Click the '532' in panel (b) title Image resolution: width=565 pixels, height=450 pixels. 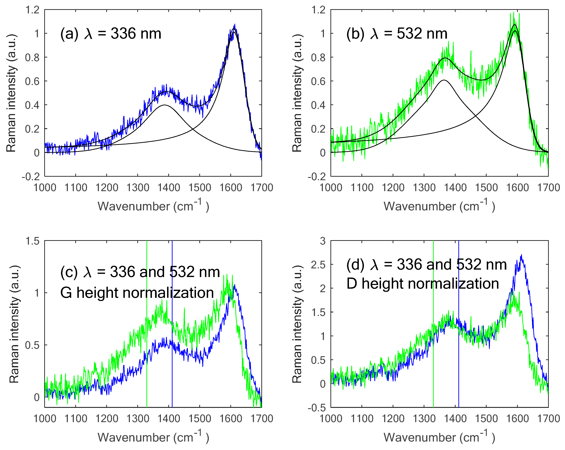click(409, 34)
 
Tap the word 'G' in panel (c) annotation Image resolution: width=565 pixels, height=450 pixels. click(66, 293)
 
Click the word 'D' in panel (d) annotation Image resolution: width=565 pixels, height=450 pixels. click(352, 284)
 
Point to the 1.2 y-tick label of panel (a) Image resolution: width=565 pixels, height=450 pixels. click(32, 10)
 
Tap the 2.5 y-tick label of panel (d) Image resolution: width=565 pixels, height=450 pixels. click(318, 265)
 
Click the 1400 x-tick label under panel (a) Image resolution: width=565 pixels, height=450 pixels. click(168, 188)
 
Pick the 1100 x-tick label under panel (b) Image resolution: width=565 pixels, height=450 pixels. click(362, 188)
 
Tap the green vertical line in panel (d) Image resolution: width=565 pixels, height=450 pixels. click(433, 367)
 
